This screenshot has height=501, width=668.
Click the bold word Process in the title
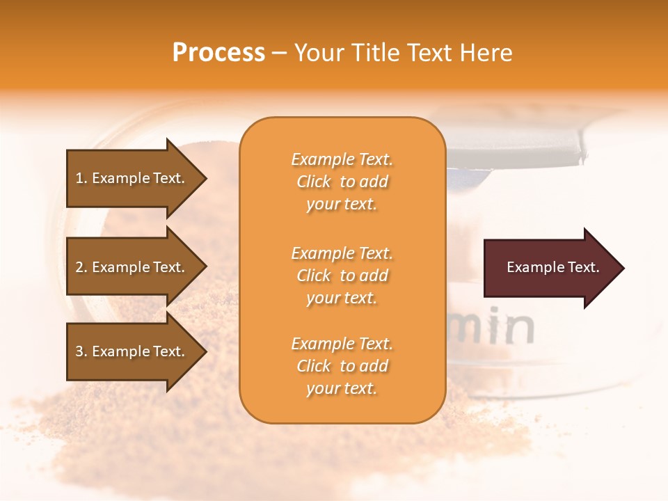pos(218,53)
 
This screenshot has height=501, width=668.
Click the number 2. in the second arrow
pos(81,267)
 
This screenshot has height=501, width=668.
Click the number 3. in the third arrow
pos(81,351)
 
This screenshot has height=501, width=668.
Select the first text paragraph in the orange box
pos(342,182)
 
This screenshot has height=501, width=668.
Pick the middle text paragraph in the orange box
pos(342,276)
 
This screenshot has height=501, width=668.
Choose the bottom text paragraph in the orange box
pos(342,366)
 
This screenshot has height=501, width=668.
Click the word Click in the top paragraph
pos(314,182)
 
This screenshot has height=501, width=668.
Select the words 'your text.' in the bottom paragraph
pos(342,388)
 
